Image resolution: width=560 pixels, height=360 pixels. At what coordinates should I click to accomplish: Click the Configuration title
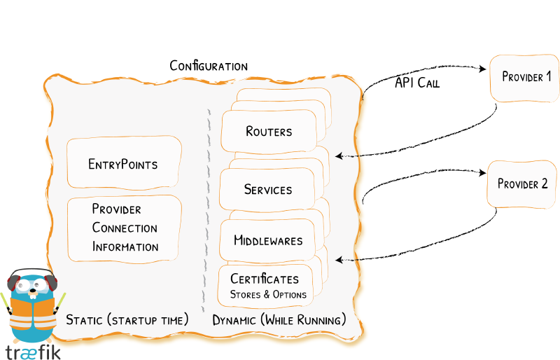click(209, 66)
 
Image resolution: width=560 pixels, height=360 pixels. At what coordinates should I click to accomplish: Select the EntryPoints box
click(124, 165)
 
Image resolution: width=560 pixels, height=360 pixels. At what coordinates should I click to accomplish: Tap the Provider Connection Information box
click(125, 228)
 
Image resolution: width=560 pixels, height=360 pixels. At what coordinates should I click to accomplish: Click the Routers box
click(269, 131)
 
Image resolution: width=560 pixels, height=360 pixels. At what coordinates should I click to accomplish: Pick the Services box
click(267, 190)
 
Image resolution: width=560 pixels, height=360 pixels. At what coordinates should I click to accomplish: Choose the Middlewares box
click(268, 240)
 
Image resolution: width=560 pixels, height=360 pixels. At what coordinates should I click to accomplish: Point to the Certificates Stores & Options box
click(268, 286)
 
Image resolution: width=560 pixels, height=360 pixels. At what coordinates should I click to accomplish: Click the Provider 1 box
click(526, 76)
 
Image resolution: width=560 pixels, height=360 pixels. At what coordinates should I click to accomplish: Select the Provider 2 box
click(522, 184)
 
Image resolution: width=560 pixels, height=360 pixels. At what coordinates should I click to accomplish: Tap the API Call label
click(417, 83)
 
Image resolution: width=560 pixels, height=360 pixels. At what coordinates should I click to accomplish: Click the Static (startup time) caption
click(127, 320)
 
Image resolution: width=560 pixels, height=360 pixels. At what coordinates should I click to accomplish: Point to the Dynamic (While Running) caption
click(279, 320)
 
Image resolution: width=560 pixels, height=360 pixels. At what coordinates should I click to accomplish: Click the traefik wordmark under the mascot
click(32, 351)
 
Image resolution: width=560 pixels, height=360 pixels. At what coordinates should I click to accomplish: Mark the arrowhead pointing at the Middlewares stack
click(338, 260)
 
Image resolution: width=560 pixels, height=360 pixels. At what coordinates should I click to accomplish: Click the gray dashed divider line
click(206, 210)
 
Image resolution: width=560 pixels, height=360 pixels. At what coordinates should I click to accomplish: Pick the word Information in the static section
click(125, 247)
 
